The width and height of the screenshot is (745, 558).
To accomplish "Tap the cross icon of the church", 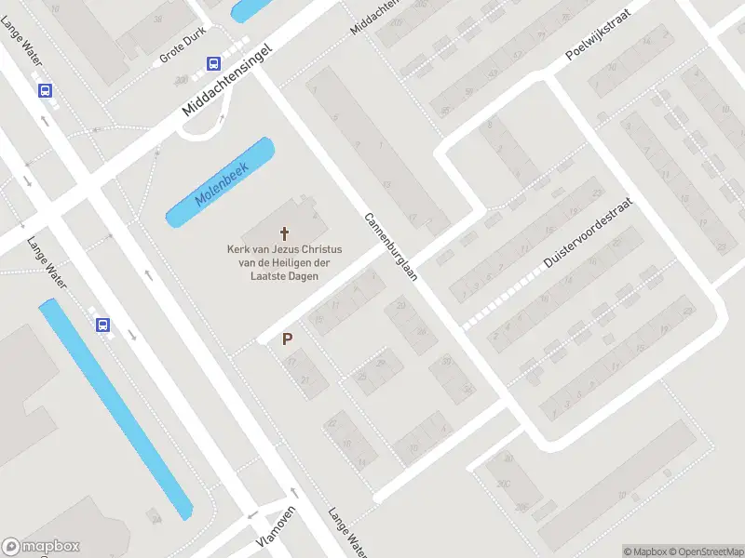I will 285,233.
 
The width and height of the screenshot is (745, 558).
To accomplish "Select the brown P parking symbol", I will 288,340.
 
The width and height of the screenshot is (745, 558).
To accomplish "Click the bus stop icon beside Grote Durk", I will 213,64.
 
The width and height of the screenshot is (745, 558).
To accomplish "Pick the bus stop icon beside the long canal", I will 102,325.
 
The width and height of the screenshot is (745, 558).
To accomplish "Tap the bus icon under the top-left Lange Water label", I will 45,90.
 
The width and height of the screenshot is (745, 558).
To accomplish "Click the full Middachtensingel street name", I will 227,82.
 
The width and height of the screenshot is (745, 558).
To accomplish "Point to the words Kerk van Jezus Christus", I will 285,249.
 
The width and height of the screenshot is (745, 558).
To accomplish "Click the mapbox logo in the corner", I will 41,547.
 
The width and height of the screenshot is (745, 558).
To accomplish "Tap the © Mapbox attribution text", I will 643,551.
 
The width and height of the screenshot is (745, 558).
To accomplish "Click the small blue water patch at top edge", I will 250,9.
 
